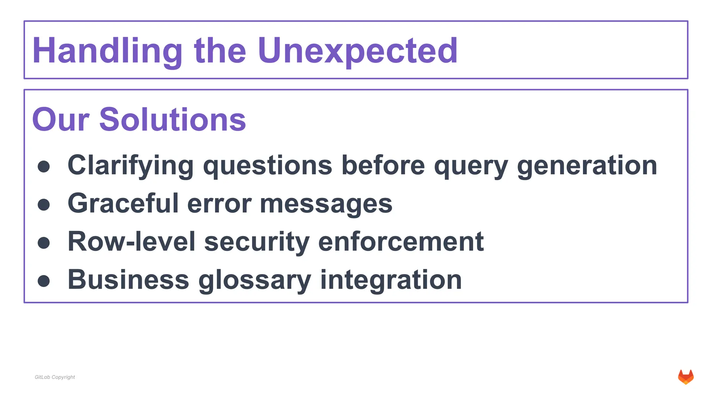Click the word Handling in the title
(x=107, y=51)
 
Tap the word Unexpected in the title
(x=358, y=51)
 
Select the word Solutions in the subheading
(x=173, y=119)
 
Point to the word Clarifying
(x=130, y=165)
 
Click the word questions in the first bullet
(x=268, y=165)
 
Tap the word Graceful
(x=123, y=203)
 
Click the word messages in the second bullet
(x=326, y=203)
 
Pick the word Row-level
(x=131, y=242)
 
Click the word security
(x=257, y=242)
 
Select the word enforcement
(x=400, y=242)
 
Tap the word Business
(x=128, y=280)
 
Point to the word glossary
(x=254, y=280)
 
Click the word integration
(x=391, y=280)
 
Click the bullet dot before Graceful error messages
(x=44, y=205)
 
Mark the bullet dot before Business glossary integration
(x=44, y=281)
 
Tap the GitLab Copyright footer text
(x=55, y=377)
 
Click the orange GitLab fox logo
(x=686, y=377)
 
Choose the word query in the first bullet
(x=471, y=165)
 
